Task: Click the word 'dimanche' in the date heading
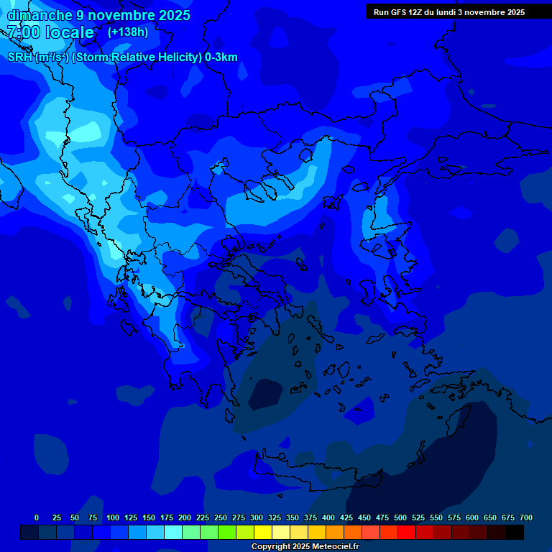(x=39, y=15)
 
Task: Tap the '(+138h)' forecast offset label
(x=128, y=32)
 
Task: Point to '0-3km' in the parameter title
(x=221, y=57)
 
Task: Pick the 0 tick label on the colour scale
(x=37, y=517)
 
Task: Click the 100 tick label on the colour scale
(x=113, y=517)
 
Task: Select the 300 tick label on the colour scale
(x=257, y=517)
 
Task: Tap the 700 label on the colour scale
(x=526, y=517)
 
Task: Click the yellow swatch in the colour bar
(x=263, y=533)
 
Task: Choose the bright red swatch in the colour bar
(x=407, y=533)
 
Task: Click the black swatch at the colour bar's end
(x=515, y=533)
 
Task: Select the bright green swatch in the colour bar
(x=209, y=533)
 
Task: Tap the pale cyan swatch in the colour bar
(x=173, y=533)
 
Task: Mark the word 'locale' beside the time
(x=69, y=32)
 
